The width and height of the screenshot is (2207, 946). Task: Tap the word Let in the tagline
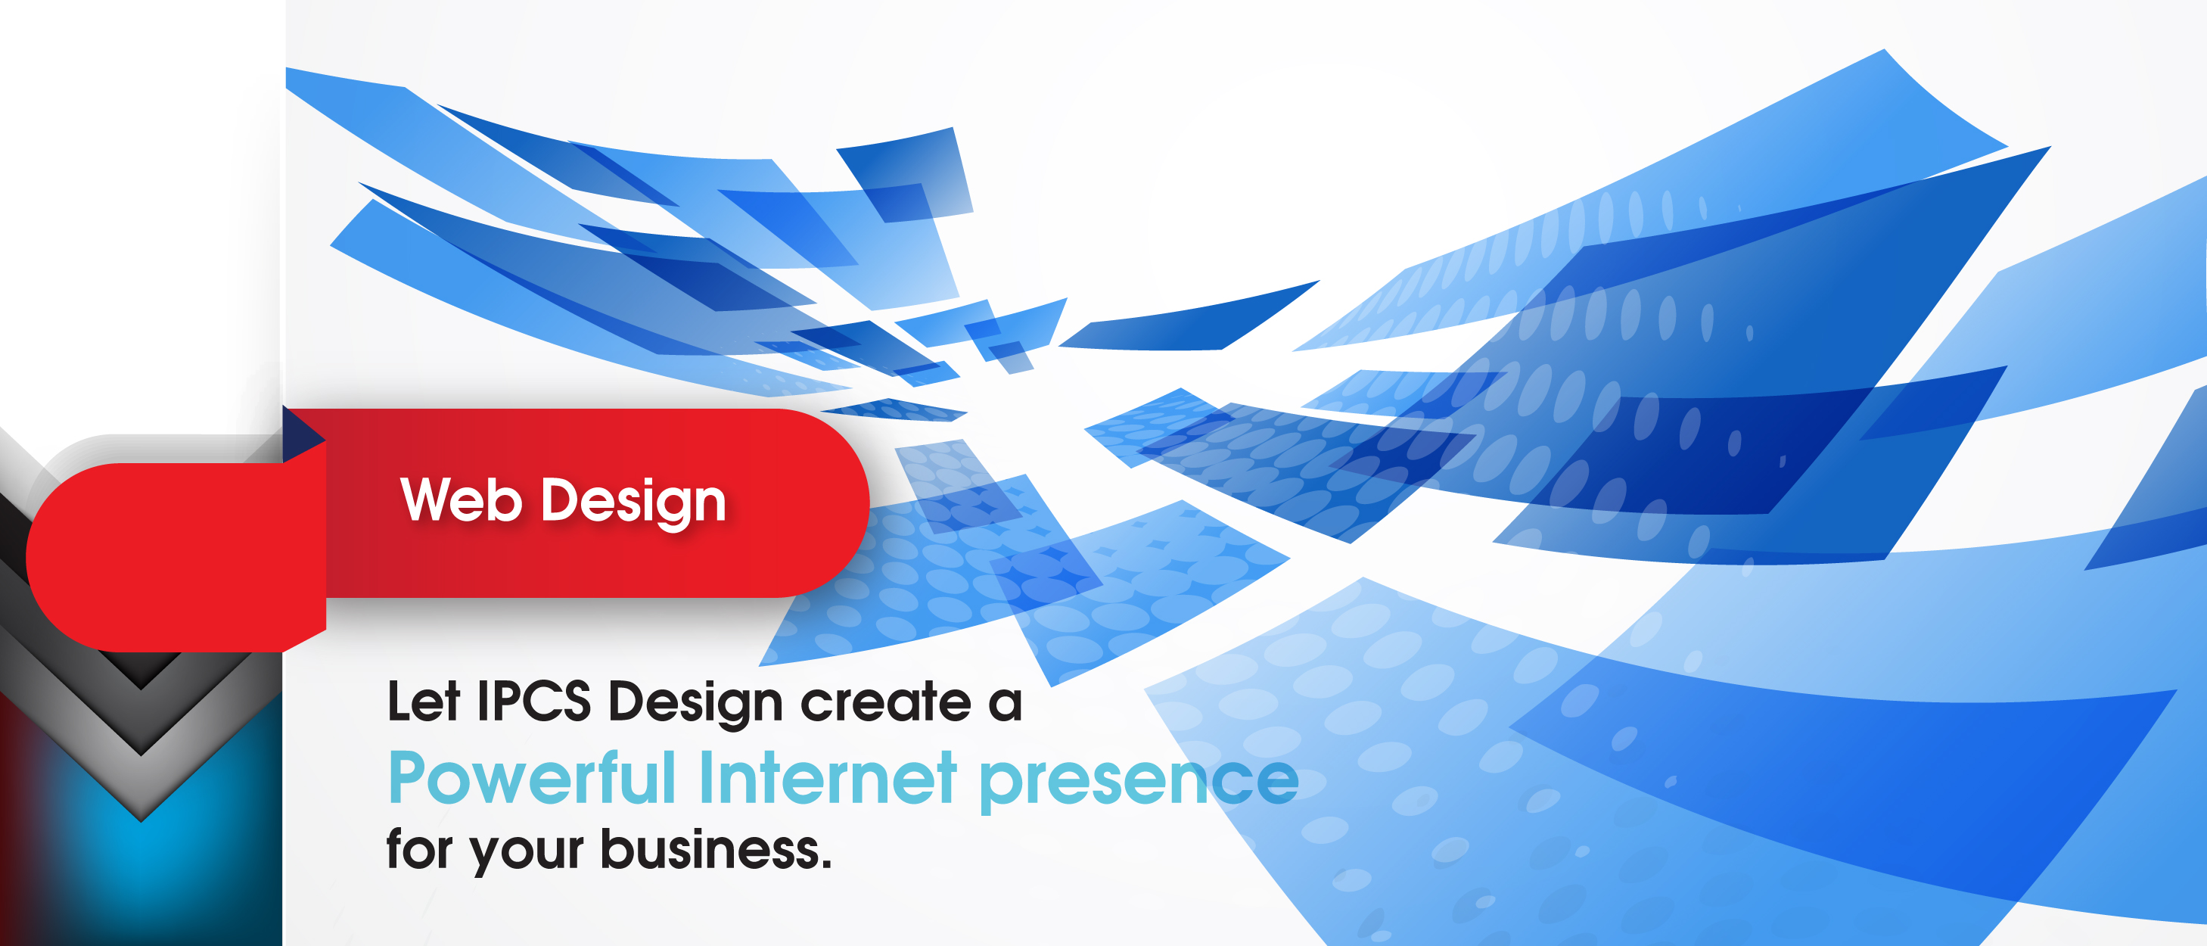coord(423,701)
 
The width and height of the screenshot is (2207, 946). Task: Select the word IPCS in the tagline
coord(533,701)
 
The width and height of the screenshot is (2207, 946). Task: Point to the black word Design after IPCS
coord(695,705)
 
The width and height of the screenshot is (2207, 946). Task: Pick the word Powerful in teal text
coord(532,778)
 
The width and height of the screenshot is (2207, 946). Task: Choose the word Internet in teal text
coord(828,778)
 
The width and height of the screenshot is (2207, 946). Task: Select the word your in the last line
coord(527,854)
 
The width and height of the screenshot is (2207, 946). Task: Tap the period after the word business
coord(826,864)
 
